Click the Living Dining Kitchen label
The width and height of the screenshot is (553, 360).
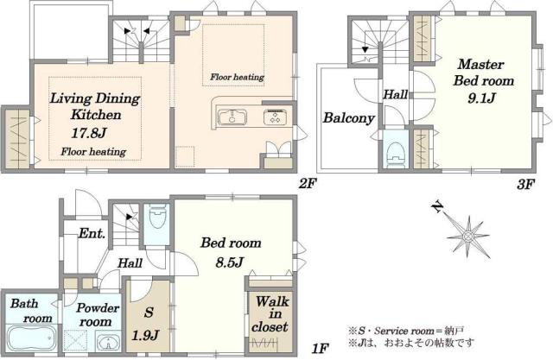click(x=95, y=106)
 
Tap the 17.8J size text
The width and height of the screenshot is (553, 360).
click(x=89, y=133)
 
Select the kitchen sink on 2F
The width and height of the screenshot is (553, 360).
click(x=232, y=117)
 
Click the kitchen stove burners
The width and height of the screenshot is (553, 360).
click(x=275, y=117)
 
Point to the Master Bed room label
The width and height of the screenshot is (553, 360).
click(x=483, y=73)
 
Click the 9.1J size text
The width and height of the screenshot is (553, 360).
click(x=482, y=98)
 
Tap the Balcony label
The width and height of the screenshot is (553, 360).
click(x=349, y=118)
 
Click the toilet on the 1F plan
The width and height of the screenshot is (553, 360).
click(x=157, y=216)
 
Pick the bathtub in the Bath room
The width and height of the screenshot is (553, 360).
click(x=32, y=338)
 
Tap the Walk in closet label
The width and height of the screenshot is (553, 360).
click(x=270, y=314)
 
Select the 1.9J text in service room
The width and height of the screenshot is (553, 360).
click(x=145, y=335)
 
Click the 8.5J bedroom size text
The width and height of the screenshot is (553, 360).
click(x=230, y=262)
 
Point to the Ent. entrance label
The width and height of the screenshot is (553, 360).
click(x=92, y=233)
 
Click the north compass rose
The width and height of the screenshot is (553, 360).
click(x=467, y=235)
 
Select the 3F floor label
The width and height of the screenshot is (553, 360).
click(x=525, y=184)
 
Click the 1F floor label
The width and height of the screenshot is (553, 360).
click(x=321, y=349)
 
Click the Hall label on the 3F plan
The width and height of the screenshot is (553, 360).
click(x=396, y=94)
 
